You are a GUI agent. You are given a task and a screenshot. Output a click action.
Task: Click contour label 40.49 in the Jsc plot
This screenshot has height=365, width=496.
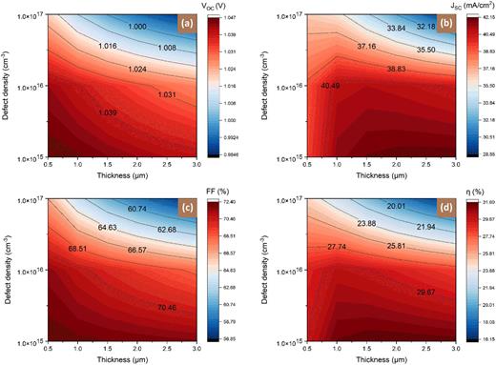pos(331,85)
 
